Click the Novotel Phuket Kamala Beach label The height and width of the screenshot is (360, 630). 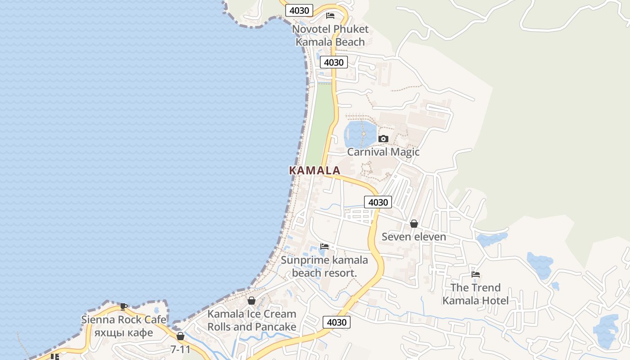(330, 36)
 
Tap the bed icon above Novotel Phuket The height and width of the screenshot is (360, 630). (330, 16)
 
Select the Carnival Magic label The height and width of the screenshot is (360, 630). (383, 152)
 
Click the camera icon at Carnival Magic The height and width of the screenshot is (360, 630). (383, 139)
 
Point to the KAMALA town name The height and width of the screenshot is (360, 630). (315, 171)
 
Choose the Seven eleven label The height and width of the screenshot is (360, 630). (414, 237)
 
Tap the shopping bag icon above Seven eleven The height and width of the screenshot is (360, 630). (414, 224)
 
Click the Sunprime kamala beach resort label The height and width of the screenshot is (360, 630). (324, 266)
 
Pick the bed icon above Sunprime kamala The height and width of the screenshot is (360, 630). (324, 246)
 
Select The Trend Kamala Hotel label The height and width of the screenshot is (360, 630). (475, 294)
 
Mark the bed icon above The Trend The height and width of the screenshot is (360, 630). (476, 274)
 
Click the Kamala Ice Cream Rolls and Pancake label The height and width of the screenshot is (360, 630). (252, 320)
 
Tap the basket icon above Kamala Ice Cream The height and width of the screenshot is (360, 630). (252, 301)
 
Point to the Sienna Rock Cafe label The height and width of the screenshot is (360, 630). (124, 319)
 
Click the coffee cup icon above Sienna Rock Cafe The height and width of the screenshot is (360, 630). (124, 306)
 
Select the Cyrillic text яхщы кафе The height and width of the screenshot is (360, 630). (124, 333)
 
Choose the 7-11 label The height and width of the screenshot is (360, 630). (180, 349)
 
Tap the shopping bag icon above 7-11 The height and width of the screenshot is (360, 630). (180, 336)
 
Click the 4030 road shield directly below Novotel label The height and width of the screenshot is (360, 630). (334, 62)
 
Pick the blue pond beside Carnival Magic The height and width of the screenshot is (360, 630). (360, 133)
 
